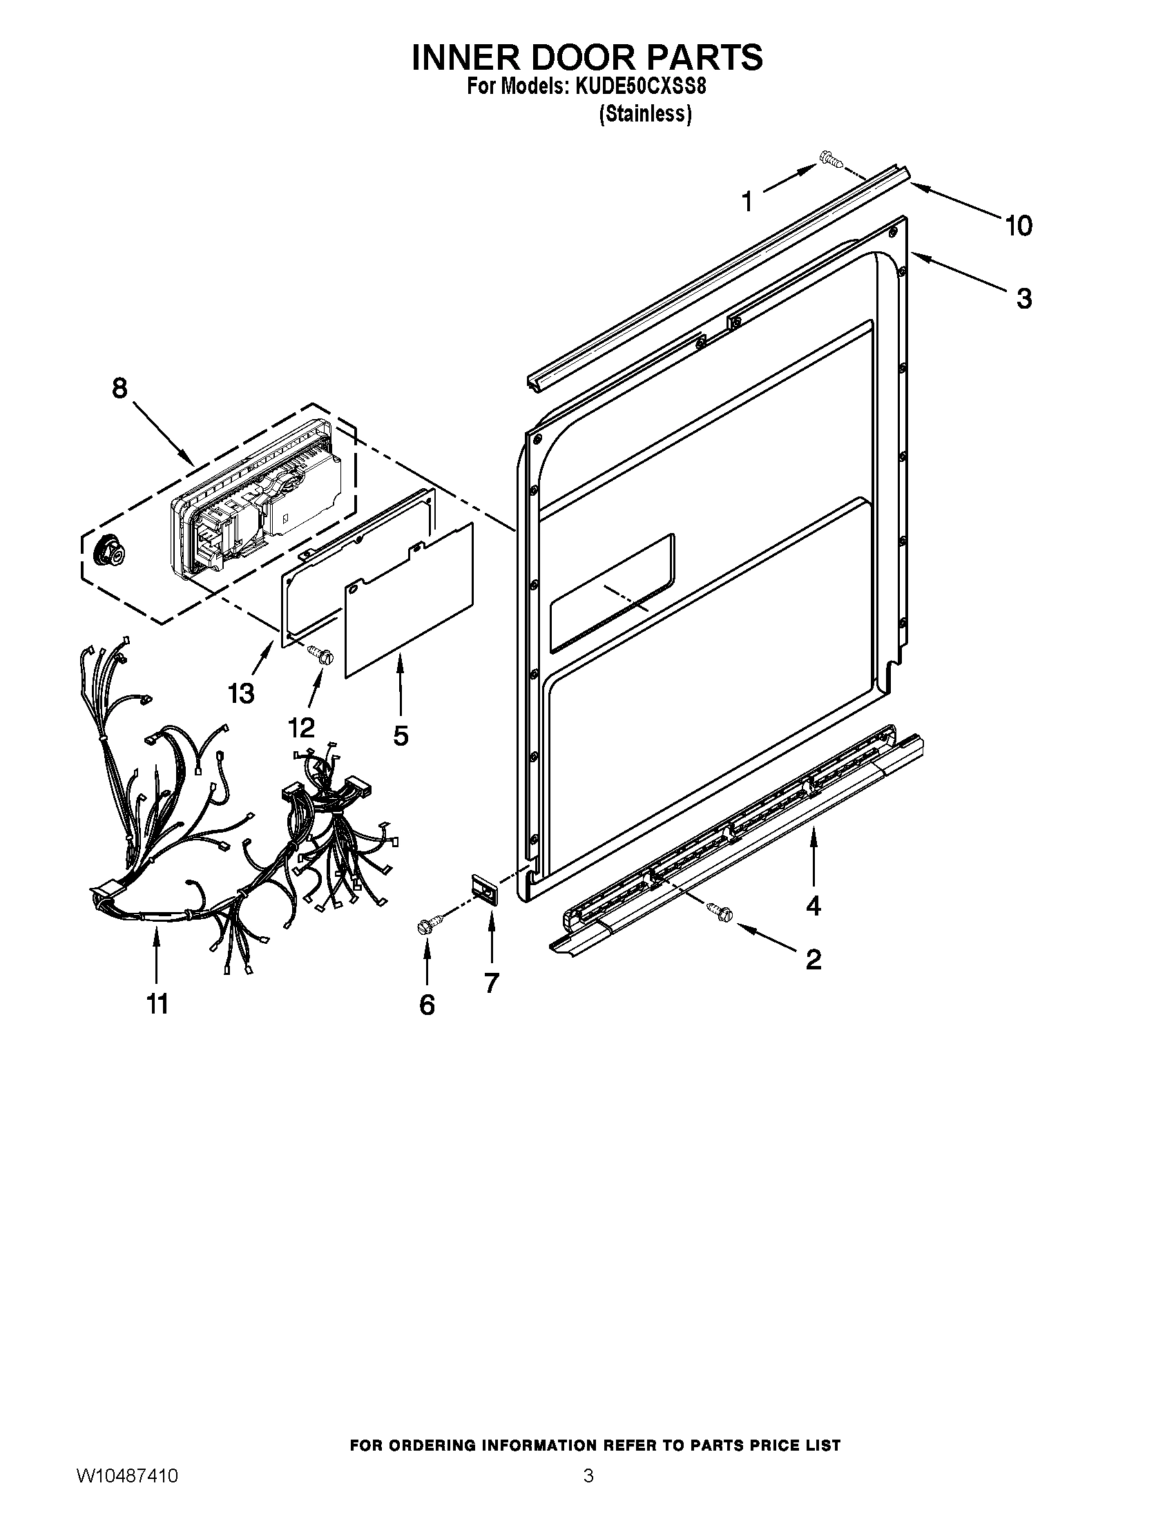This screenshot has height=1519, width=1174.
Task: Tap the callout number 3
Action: pyautogui.click(x=1023, y=298)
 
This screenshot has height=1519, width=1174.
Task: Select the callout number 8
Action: pyautogui.click(x=119, y=388)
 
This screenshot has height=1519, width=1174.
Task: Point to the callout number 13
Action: pyautogui.click(x=241, y=693)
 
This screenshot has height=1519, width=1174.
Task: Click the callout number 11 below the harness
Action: pyautogui.click(x=157, y=1004)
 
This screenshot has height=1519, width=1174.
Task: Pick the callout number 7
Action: pyautogui.click(x=491, y=983)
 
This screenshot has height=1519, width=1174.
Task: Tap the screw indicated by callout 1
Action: pyautogui.click(x=830, y=159)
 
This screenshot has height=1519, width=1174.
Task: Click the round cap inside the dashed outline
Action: pyautogui.click(x=108, y=552)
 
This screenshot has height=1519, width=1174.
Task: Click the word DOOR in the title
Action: pyautogui.click(x=587, y=57)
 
